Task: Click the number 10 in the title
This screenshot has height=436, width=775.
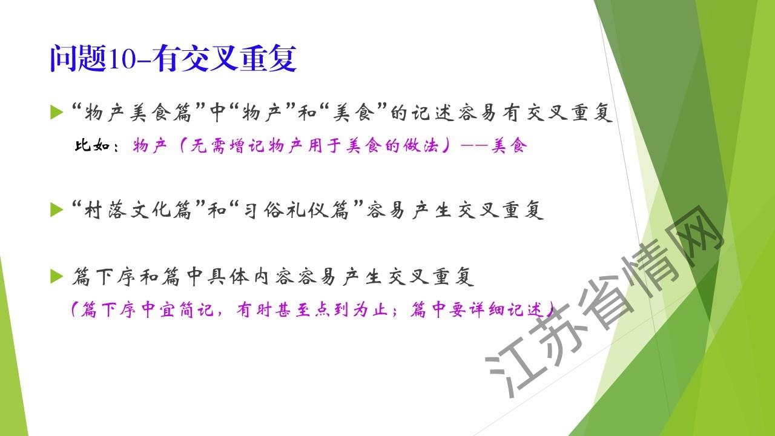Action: pyautogui.click(x=123, y=59)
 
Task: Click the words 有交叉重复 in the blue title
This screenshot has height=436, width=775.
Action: pyautogui.click(x=224, y=59)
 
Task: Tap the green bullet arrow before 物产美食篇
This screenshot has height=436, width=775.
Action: pyautogui.click(x=56, y=112)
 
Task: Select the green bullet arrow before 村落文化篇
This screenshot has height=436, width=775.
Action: pyautogui.click(x=56, y=210)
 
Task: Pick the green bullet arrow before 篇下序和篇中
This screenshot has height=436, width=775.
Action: pyautogui.click(x=56, y=277)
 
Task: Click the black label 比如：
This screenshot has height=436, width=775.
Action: pyautogui.click(x=96, y=146)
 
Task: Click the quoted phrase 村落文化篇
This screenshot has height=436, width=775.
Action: pyautogui.click(x=138, y=210)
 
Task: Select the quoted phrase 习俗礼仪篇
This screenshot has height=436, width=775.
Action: pyautogui.click(x=297, y=210)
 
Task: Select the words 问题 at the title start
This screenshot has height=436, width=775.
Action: pyautogui.click(x=78, y=59)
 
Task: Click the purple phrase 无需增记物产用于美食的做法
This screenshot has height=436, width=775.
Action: pyautogui.click(x=314, y=146)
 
